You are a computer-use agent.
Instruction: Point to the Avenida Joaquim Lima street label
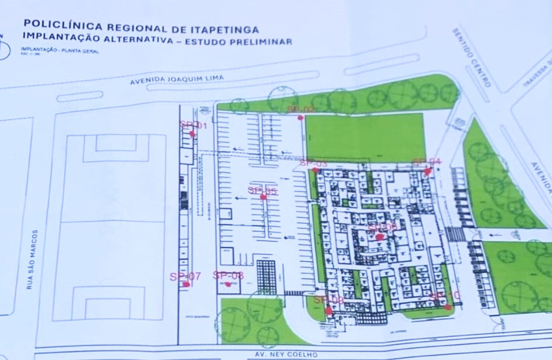[176, 80]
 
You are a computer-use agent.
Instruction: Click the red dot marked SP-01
[192, 134]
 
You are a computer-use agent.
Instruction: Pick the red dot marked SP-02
[300, 118]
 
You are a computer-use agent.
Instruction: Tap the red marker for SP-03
[315, 170]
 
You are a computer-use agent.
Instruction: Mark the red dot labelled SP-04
[427, 171]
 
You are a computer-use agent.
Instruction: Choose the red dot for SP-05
[263, 197]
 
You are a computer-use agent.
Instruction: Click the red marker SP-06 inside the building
[379, 237]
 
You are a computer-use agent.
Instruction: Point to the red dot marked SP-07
[186, 284]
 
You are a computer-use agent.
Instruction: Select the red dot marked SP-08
[228, 284]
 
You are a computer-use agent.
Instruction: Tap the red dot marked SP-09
[328, 311]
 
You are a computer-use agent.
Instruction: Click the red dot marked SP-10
[448, 307]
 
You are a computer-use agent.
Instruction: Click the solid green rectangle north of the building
[364, 138]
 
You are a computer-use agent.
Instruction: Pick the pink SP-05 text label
[262, 191]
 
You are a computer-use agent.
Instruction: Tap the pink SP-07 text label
[185, 276]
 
